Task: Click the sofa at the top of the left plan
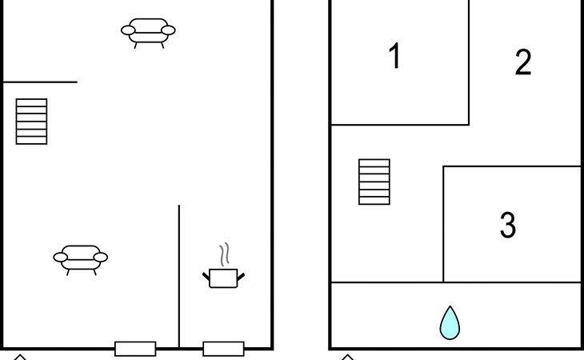pos(148,32)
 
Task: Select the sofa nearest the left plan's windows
pos(80,258)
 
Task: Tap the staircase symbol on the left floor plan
pos(31,122)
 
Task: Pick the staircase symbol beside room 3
pos(374,182)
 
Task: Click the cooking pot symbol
pos(223,278)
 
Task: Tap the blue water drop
pos(450,322)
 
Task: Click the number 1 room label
pos(394,58)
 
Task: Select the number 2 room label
pos(522,62)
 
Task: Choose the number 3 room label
pos(507,226)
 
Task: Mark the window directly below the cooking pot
pos(223,349)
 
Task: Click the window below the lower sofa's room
pos(135,349)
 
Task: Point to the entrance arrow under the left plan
pos(20,357)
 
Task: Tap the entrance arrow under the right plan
pos(347,357)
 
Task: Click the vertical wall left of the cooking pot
pos(179,276)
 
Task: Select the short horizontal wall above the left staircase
pos(40,82)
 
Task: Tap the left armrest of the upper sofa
pos(127,31)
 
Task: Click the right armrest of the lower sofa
pos(101,257)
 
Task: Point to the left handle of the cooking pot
pos(206,276)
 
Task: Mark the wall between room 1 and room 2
pos(469,62)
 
